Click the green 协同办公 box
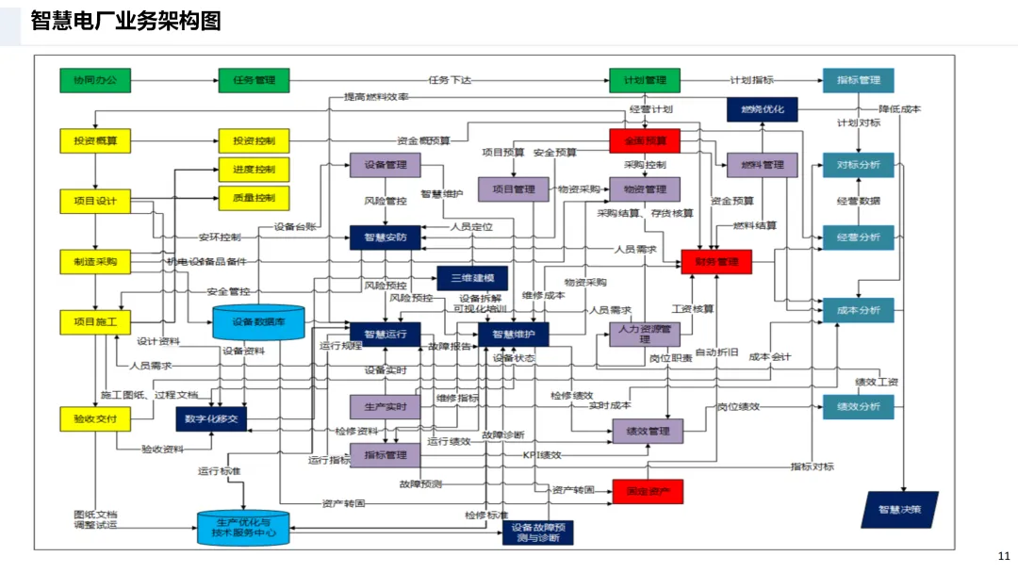pyautogui.click(x=95, y=80)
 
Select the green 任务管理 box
pyautogui.click(x=254, y=80)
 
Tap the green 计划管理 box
pyautogui.click(x=645, y=80)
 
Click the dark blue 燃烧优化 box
pyautogui.click(x=762, y=109)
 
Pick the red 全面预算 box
pyautogui.click(x=645, y=141)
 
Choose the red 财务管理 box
pyautogui.click(x=716, y=262)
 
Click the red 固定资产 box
pyautogui.click(x=648, y=491)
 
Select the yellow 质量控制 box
pyautogui.click(x=254, y=198)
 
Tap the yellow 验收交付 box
pyautogui.click(x=95, y=417)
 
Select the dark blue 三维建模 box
pyautogui.click(x=472, y=279)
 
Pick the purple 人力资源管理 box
pyautogui.click(x=645, y=334)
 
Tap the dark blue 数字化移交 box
pyautogui.click(x=211, y=418)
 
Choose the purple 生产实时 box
pyautogui.click(x=385, y=406)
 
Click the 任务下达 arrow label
pyautogui.click(x=450, y=80)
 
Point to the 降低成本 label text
pyautogui.click(x=900, y=109)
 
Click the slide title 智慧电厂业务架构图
pyautogui.click(x=126, y=21)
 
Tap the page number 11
pyautogui.click(x=1003, y=556)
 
